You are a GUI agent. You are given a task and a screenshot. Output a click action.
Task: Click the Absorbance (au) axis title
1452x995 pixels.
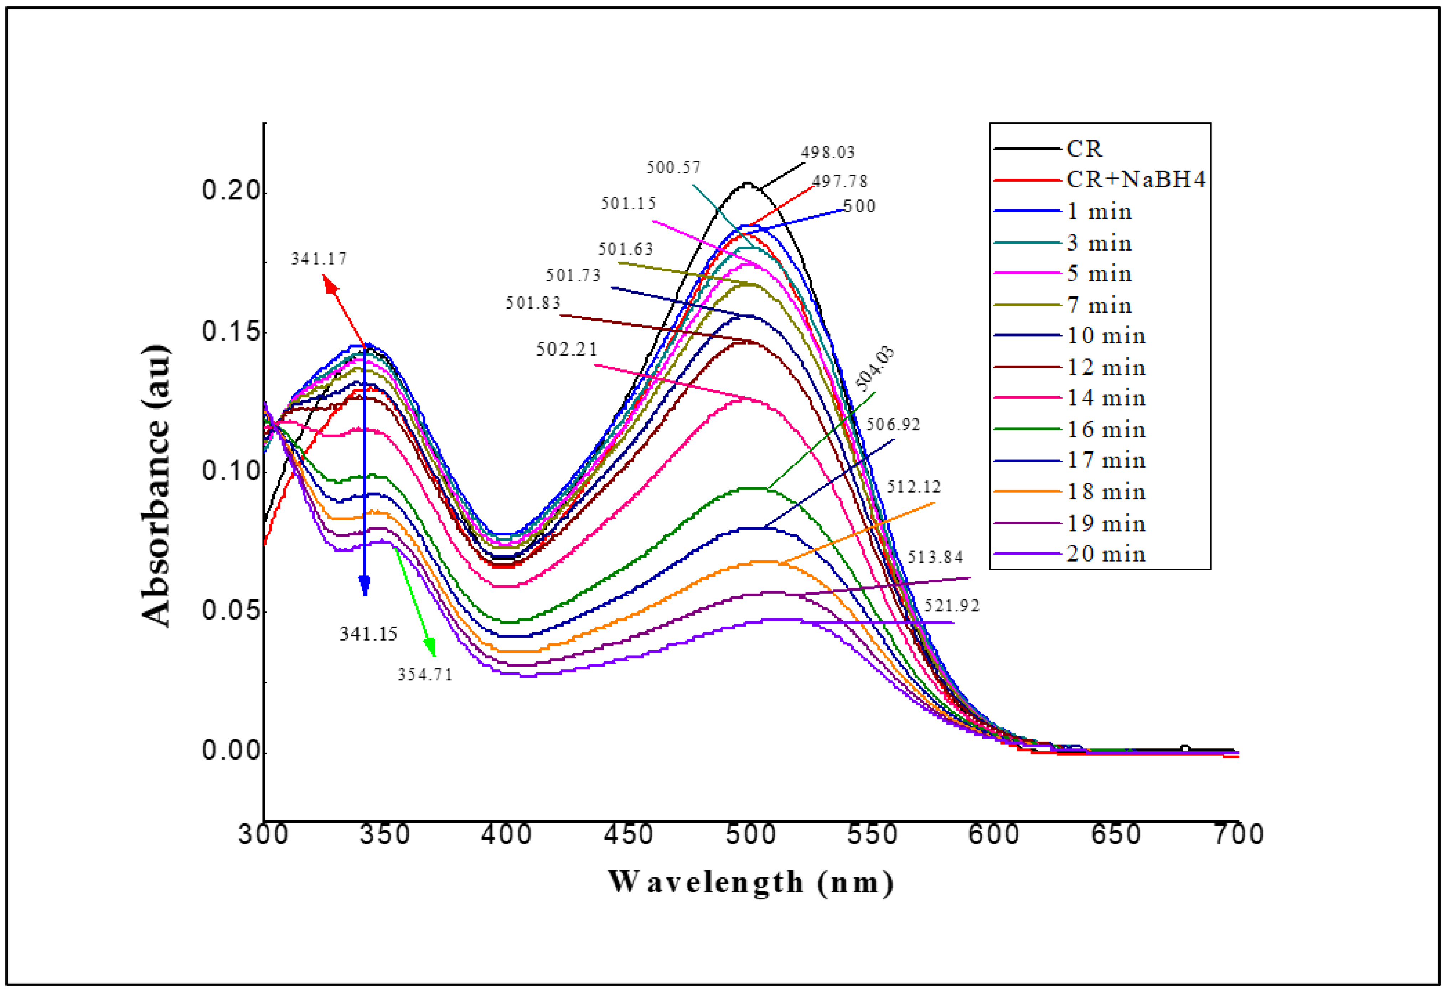coord(156,485)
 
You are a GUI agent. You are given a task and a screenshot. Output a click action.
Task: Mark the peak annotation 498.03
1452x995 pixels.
coord(828,152)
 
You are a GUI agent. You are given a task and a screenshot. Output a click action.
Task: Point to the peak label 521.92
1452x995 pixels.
coord(951,605)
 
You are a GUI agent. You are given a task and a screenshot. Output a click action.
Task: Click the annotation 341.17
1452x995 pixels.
coord(319,259)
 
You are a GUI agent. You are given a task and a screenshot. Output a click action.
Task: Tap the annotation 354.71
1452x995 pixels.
coord(425,675)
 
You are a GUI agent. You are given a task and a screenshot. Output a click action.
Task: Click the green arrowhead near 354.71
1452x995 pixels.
coord(430,647)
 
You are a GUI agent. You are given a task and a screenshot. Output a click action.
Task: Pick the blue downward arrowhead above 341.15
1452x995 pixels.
coord(365,586)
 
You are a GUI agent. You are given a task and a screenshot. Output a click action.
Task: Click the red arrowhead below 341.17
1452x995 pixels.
coord(329,284)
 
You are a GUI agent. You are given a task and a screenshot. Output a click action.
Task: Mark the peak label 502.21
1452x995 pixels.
coord(567,349)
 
